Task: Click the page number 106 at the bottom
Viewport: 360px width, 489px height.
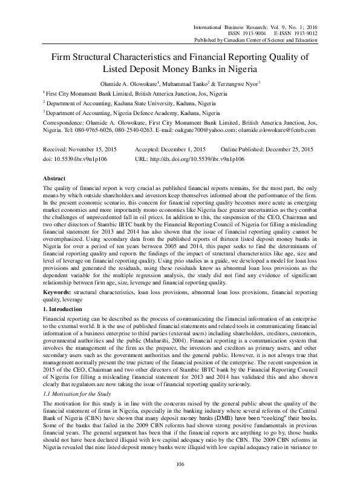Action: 179,464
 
